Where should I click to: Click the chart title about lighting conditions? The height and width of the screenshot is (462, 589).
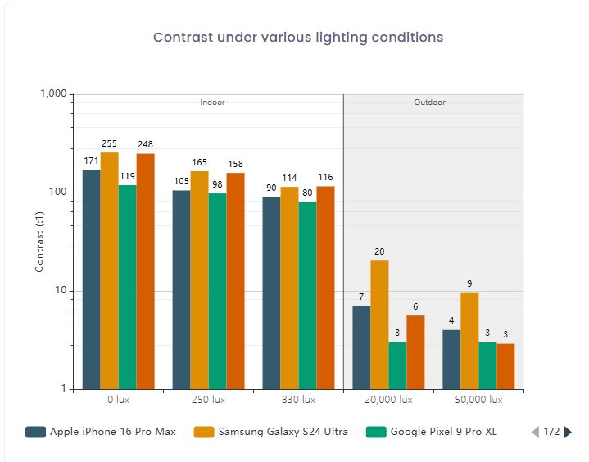(298, 38)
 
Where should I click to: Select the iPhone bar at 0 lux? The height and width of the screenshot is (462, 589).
(92, 279)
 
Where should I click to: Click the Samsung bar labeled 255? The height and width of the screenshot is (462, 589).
(110, 270)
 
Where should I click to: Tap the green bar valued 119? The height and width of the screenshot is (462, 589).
(128, 287)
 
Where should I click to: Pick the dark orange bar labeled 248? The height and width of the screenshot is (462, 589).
(146, 270)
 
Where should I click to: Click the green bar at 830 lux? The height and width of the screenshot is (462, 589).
(308, 295)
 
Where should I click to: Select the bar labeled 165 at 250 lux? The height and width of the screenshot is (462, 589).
(200, 279)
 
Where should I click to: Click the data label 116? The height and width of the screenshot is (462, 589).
(326, 178)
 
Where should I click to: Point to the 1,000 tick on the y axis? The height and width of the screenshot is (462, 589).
(53, 94)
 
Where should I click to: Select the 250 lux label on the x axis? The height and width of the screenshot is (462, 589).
(208, 401)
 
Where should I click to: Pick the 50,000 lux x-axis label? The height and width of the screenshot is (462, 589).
(478, 401)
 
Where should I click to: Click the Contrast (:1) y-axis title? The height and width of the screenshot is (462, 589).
(39, 242)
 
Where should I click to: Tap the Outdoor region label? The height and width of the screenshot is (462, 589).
(430, 102)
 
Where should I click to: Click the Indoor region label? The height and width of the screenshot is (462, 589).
(212, 102)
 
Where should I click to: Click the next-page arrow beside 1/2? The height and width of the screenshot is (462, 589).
(569, 432)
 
